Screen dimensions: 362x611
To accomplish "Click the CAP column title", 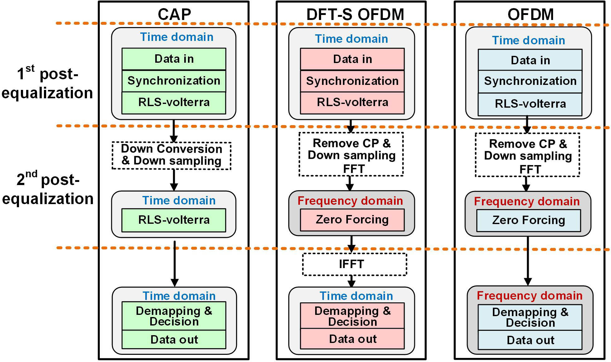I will pyautogui.click(x=174, y=14).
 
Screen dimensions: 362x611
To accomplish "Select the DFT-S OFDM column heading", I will pyautogui.click(x=355, y=14).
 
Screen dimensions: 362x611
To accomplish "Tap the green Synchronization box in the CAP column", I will pyautogui.click(x=174, y=81).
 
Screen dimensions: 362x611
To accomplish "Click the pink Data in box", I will pyautogui.click(x=352, y=59).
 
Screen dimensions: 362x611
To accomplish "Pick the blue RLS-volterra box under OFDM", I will pyautogui.click(x=530, y=104).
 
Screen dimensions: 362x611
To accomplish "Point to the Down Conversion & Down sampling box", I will pyautogui.click(x=171, y=155).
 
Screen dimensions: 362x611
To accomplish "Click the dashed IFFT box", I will pyautogui.click(x=354, y=264).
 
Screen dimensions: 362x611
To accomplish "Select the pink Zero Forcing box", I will pyautogui.click(x=352, y=220).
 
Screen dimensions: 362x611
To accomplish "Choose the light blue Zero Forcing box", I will pyautogui.click(x=528, y=220).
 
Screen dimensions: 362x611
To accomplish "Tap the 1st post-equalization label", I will pyautogui.click(x=47, y=83).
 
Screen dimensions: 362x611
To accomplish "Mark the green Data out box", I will pyautogui.click(x=174, y=340).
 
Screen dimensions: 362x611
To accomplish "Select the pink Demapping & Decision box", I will pyautogui.click(x=352, y=316).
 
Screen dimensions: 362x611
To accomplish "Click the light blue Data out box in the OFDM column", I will pyautogui.click(x=530, y=340).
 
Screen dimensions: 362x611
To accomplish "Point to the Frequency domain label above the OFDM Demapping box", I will pyautogui.click(x=529, y=295).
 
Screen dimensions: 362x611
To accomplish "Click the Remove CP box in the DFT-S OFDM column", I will pyautogui.click(x=351, y=155).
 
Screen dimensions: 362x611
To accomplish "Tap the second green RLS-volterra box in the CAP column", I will pyautogui.click(x=174, y=220).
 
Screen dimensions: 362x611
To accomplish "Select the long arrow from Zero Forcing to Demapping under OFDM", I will pyautogui.click(x=528, y=261).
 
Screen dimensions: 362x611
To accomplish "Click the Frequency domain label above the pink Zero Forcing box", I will pyautogui.click(x=350, y=201).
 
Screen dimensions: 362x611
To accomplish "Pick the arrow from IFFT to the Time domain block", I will pyautogui.click(x=352, y=281).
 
